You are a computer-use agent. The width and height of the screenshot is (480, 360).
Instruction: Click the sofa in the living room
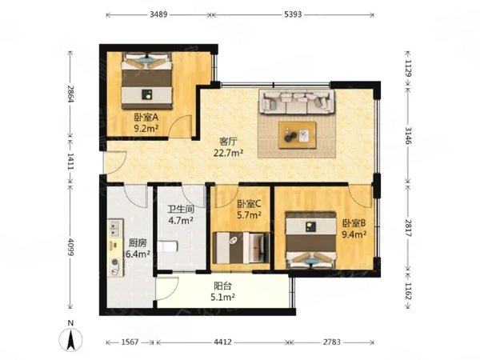[x=296, y=102]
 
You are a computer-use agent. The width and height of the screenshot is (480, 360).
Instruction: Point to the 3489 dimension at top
[x=157, y=15]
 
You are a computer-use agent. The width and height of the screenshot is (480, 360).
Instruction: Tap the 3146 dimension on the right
[x=408, y=136]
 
